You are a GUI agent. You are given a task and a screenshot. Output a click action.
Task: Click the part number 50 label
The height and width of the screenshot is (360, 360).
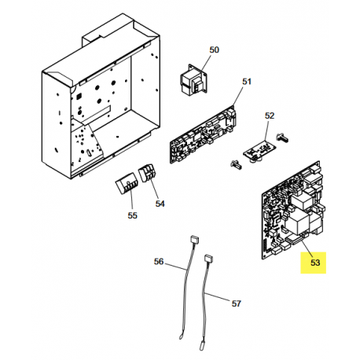point(214,50)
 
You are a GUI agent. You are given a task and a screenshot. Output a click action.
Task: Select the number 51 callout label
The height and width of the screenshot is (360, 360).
point(247,82)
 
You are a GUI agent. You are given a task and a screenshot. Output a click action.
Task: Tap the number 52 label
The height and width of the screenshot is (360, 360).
point(270,116)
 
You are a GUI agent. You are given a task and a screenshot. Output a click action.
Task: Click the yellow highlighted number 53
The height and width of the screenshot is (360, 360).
point(315,263)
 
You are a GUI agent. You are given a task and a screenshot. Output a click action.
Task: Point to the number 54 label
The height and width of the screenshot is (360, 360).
point(160,204)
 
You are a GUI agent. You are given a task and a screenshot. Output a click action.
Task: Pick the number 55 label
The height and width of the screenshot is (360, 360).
point(132,215)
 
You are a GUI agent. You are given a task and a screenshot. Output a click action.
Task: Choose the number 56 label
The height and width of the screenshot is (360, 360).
point(159,262)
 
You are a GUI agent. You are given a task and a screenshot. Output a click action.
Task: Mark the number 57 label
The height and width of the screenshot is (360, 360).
point(236,303)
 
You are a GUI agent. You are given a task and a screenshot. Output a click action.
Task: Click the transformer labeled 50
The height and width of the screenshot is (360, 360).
point(193,81)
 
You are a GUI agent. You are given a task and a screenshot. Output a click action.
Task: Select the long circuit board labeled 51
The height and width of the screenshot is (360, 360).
point(204,134)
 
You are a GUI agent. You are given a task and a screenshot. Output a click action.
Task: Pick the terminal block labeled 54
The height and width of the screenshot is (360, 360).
point(148,173)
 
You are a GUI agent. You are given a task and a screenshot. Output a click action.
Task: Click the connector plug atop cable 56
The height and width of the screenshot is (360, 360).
point(194,239)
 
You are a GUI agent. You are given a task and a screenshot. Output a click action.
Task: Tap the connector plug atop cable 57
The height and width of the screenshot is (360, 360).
point(209,259)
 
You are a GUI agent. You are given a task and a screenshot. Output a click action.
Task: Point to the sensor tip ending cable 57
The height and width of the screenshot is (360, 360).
point(202,343)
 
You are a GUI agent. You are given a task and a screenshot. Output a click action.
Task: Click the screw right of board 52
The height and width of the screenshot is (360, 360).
point(282,137)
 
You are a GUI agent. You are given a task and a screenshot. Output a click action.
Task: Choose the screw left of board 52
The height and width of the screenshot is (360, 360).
point(236,164)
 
